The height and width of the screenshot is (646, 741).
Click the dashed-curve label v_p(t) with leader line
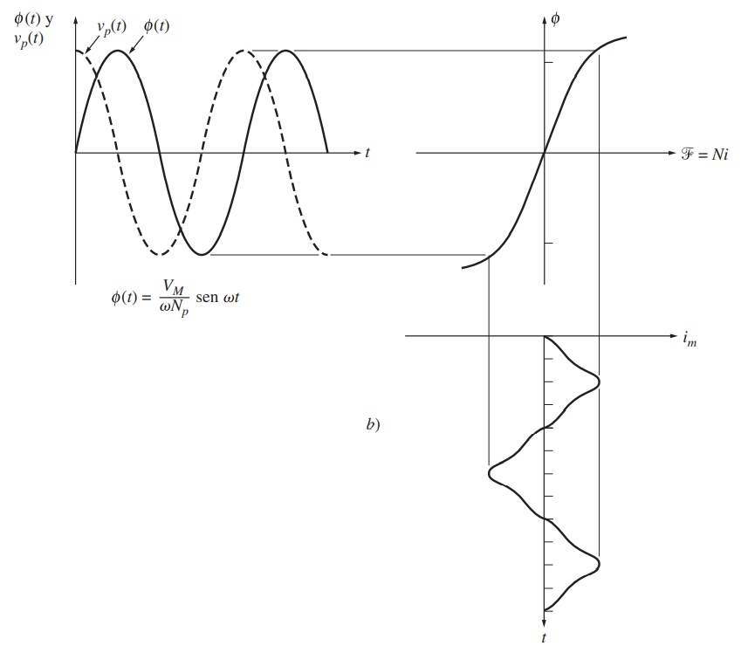click(x=111, y=26)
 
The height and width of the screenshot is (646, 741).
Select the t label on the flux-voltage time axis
click(x=367, y=153)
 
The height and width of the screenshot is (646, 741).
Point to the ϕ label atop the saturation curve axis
click(x=556, y=17)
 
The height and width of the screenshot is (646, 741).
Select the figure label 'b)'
click(x=373, y=425)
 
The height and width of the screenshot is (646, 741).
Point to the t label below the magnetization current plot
click(x=544, y=638)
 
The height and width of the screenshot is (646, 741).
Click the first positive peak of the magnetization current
click(x=599, y=381)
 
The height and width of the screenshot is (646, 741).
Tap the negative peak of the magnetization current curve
click(x=490, y=473)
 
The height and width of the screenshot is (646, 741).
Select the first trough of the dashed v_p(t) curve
click(x=159, y=255)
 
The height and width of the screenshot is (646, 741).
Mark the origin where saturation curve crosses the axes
click(x=544, y=154)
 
